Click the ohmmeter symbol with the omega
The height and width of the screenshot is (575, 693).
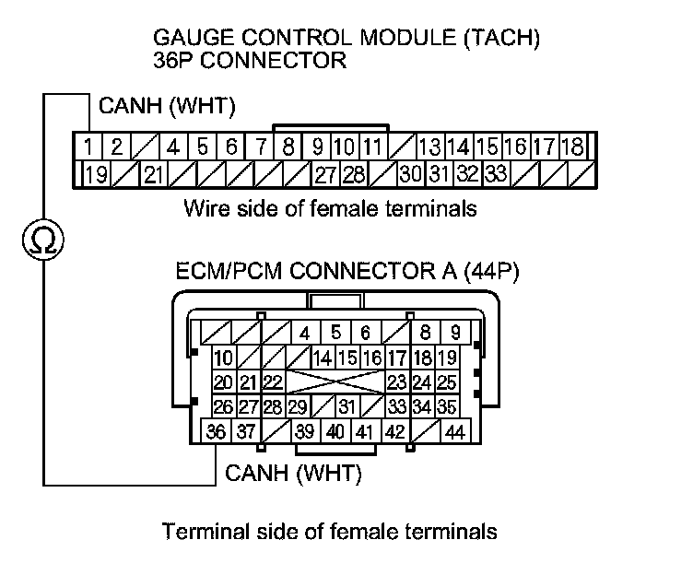click(x=42, y=241)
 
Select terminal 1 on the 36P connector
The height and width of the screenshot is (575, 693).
click(x=87, y=146)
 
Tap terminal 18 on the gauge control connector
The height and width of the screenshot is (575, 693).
click(x=572, y=146)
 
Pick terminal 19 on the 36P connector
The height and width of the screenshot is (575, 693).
click(x=95, y=173)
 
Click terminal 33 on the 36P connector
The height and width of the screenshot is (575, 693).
click(x=496, y=173)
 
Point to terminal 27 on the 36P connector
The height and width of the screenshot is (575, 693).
click(x=324, y=173)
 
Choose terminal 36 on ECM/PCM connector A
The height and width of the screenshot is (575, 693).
click(x=217, y=431)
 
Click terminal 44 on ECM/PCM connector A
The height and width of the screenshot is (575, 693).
click(x=454, y=431)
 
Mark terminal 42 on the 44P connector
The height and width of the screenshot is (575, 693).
click(x=395, y=431)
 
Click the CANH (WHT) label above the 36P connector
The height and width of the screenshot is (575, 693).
click(x=162, y=108)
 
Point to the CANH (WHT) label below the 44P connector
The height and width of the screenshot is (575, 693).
click(x=293, y=475)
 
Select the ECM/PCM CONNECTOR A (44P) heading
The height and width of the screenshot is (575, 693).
click(x=335, y=273)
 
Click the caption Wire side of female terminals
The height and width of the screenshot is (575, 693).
click(x=330, y=208)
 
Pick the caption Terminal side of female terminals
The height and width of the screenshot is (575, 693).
click(x=330, y=532)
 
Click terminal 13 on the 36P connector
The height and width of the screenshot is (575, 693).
click(x=429, y=146)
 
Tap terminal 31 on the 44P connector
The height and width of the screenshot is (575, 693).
click(x=346, y=406)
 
